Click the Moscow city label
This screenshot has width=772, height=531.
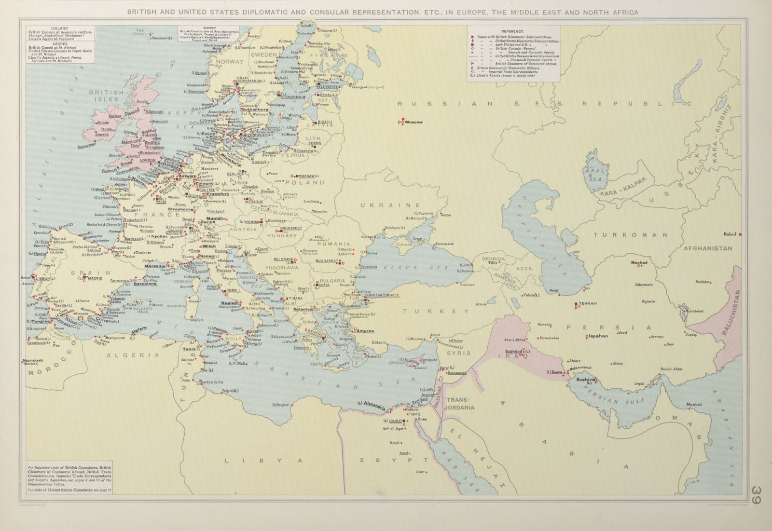[x=414, y=122]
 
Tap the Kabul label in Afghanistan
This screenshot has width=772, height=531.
[x=730, y=234]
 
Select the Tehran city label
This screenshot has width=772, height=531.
[x=588, y=303]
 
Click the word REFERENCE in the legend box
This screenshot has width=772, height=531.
[x=512, y=31]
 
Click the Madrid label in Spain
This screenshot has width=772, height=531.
[x=95, y=278]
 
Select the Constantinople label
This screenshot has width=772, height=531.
[x=382, y=295]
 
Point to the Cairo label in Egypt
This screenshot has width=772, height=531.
[x=395, y=421]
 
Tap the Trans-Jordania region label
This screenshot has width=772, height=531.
[x=461, y=404]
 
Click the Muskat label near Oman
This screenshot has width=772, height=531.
[x=695, y=404]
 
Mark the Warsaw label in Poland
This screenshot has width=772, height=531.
[x=306, y=176]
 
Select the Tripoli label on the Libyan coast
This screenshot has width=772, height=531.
[x=228, y=390]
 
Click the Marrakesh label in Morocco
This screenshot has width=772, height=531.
[x=33, y=360]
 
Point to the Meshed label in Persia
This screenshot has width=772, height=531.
[x=639, y=263]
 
